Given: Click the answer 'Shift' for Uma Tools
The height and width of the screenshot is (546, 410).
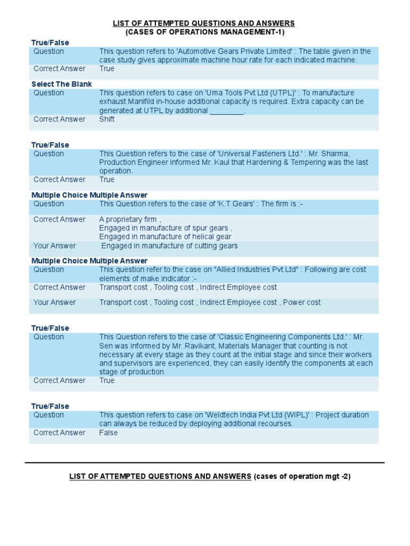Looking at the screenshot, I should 107,119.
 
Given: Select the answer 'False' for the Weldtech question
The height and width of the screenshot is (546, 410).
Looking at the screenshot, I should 108,433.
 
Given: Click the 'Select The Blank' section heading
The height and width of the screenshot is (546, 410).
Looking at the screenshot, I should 61,84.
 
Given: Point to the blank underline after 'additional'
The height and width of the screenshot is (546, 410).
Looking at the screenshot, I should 226,111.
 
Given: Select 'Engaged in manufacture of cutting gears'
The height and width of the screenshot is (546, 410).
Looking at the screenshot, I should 169,246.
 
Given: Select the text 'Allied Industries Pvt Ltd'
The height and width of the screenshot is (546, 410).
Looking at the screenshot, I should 256,270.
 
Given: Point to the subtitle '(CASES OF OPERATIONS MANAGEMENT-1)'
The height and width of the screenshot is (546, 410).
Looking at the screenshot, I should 205,33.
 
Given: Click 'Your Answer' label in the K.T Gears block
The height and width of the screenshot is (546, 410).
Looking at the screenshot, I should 54,246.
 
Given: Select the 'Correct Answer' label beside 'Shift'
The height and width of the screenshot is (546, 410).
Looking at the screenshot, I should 59,119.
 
